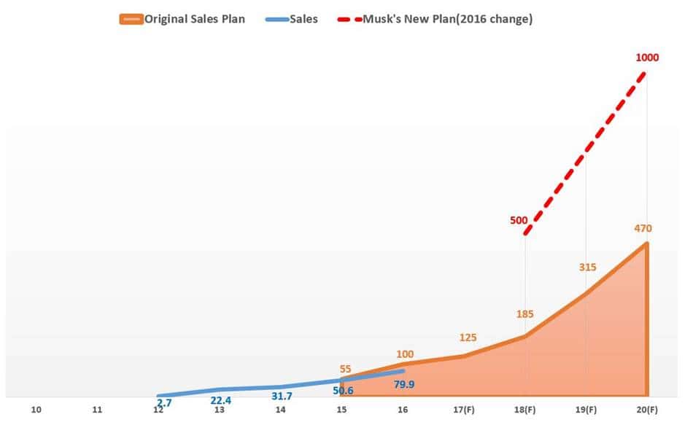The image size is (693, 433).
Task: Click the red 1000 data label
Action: (647, 57)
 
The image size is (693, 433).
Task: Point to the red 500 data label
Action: (519, 219)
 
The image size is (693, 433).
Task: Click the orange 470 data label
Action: (643, 228)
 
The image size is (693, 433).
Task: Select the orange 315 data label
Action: (587, 267)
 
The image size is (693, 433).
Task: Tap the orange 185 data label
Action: (524, 314)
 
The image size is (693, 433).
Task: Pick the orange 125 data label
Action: (468, 337)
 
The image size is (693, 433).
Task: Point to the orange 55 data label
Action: (346, 369)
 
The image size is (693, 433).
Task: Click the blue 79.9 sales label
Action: (404, 384)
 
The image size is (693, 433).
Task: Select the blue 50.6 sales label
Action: (342, 391)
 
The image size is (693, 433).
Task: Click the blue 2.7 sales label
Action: (164, 402)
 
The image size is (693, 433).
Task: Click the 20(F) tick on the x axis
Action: (646, 410)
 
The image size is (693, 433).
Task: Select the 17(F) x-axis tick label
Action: (463, 410)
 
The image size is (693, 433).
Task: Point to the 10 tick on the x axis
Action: (36, 410)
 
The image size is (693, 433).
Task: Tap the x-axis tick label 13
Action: (220, 410)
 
